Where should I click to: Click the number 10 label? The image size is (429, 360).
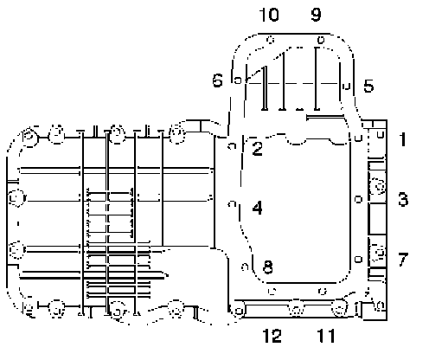pos(269,15)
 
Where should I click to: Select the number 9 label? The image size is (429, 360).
pos(316,15)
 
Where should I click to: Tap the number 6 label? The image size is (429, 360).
pos(218,80)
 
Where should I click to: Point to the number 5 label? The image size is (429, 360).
pos(368,86)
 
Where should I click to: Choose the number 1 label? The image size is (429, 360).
pos(403,139)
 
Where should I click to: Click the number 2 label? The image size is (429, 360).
pos(257,149)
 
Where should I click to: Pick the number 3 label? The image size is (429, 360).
pos(403,199)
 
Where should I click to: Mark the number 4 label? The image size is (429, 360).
pos(257,208)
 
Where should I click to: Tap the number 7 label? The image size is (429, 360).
pos(403,259)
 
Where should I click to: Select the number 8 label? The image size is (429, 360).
pos(268,267)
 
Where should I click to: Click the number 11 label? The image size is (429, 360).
pos(326,336)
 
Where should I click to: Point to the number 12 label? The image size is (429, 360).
pos(272,336)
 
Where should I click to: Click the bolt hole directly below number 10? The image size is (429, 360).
pos(270,40)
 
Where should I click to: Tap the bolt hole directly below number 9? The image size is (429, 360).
pos(321,40)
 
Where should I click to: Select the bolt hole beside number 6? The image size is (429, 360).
pos(238,80)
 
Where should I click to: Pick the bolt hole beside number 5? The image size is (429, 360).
pos(347,86)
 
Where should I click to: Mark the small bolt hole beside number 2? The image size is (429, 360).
pos(232,146)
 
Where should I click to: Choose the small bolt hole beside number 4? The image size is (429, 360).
pos(232,204)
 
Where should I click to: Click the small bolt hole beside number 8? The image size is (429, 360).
pos(245,267)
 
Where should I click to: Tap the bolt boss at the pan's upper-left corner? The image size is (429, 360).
pos(29,136)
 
